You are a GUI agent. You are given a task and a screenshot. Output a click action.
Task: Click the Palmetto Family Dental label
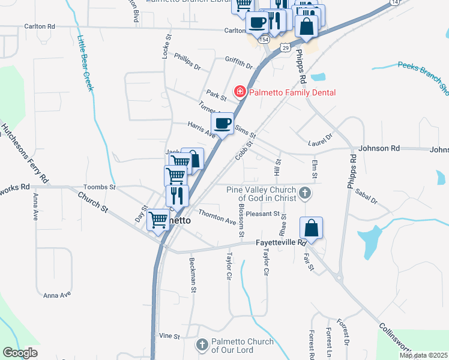tap(292, 92)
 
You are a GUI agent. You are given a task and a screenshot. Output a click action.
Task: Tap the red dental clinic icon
tap(240, 92)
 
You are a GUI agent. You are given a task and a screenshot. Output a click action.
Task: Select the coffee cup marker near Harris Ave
tap(221, 124)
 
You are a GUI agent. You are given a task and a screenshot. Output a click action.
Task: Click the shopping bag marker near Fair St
tap(312, 228)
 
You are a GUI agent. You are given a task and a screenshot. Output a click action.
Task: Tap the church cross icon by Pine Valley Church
tap(305, 193)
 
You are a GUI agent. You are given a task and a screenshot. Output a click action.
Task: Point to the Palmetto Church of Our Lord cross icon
tap(202, 346)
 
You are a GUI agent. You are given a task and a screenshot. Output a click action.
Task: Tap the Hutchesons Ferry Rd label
tap(24, 154)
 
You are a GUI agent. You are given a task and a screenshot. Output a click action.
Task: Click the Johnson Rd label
tap(378, 148)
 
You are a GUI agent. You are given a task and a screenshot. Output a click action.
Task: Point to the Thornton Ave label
tap(217, 217)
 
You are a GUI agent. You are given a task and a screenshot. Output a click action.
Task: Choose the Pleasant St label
tap(263, 214)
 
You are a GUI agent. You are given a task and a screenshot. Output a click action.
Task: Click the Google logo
tap(20, 353)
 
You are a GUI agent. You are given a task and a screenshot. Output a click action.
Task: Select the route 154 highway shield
tap(264, 39)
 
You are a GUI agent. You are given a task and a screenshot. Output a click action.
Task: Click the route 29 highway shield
tap(286, 47)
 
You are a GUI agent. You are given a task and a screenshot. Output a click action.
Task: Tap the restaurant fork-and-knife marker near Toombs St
tap(177, 196)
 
